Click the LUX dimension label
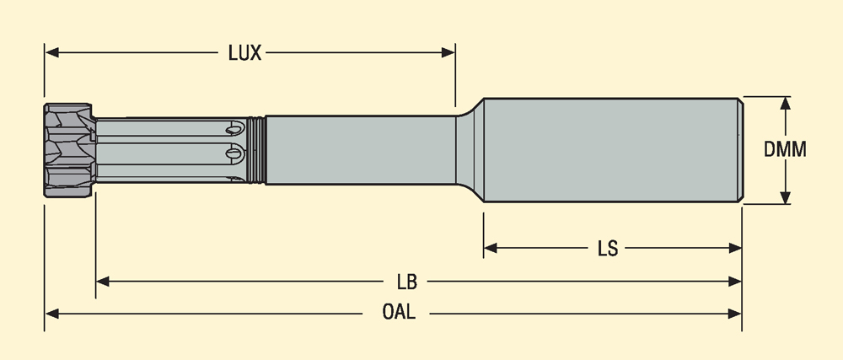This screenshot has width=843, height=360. pos(245,52)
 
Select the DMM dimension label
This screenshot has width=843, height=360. pos(786,150)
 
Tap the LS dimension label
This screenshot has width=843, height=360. pos(608,249)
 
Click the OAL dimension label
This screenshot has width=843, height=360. pos(399,313)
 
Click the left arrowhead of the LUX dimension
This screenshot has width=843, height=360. pos(51,52)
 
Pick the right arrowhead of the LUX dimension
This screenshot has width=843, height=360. pos(448,52)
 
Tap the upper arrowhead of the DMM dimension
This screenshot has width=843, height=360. pos(786,103)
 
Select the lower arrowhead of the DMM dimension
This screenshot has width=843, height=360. pos(786,197)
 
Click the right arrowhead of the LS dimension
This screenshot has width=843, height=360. pos(735,249)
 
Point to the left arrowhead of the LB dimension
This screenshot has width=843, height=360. pos(103,281)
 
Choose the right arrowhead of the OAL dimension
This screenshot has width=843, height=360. pos(735,313)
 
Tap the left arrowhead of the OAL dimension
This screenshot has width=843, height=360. pos(51,313)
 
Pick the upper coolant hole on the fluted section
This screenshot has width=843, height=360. pos(234,129)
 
